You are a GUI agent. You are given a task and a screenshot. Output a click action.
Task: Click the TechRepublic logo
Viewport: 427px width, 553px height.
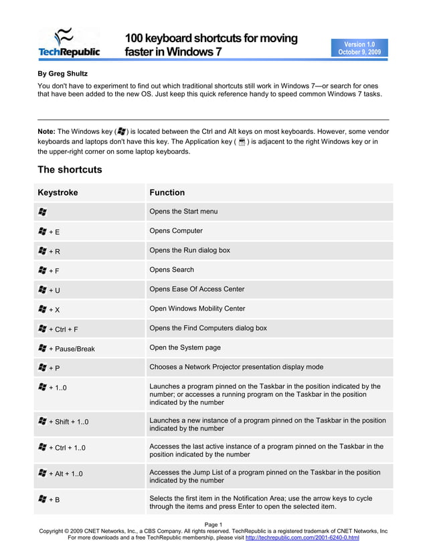click(x=69, y=43)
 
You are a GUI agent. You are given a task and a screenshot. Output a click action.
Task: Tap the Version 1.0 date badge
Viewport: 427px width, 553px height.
click(x=359, y=48)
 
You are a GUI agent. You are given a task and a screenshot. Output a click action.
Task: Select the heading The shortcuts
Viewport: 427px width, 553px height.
click(x=70, y=169)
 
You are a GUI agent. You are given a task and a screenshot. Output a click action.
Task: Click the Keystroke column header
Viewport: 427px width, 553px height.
click(x=58, y=193)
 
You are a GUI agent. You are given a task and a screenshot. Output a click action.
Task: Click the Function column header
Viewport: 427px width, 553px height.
click(x=167, y=193)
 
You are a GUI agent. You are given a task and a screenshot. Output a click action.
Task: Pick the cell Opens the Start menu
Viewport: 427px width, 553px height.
click(x=183, y=212)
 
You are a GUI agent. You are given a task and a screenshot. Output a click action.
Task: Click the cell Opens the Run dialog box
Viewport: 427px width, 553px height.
click(x=189, y=250)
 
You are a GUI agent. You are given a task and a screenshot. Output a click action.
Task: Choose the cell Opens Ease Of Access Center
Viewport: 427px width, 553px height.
click(x=197, y=289)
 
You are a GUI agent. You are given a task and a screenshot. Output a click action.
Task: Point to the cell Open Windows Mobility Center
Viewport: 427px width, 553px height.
click(x=197, y=309)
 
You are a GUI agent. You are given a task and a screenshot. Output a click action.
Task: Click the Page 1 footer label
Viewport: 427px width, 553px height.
click(x=213, y=524)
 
